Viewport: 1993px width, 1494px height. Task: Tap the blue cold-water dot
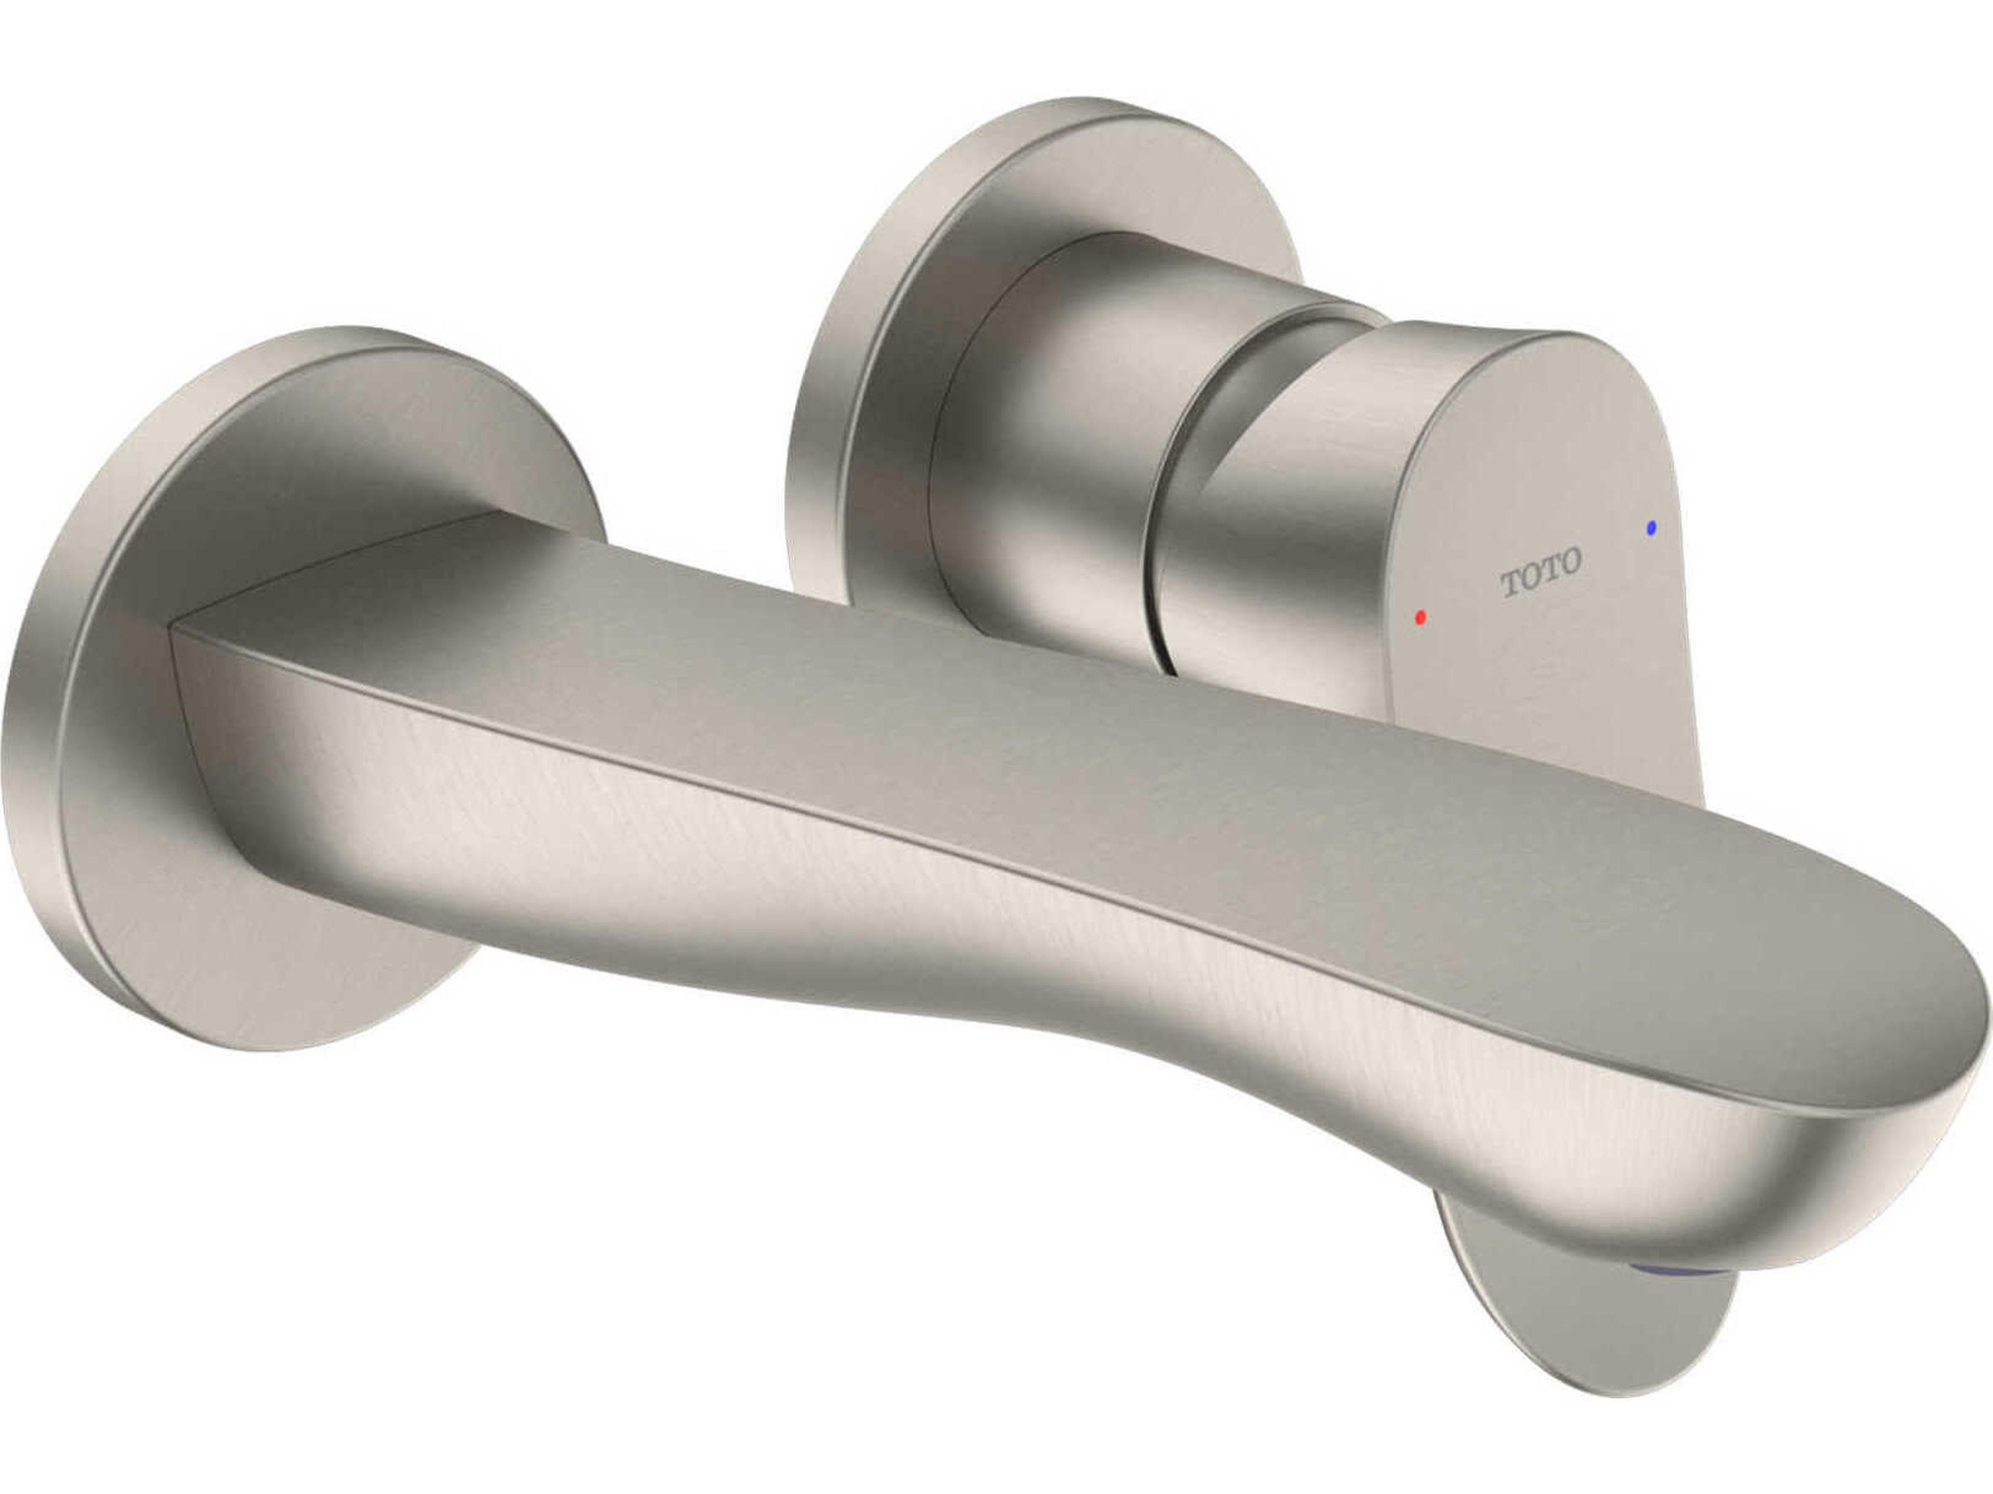coord(1650,528)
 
